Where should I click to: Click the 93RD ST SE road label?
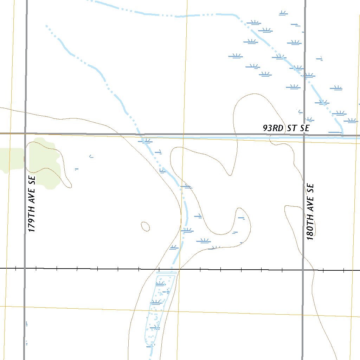286,128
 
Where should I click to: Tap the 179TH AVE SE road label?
32,204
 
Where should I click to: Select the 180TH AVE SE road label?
310,212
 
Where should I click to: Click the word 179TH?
32,221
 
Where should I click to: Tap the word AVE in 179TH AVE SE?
32,197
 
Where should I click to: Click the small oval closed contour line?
145,226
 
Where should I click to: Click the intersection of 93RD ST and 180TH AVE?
304,135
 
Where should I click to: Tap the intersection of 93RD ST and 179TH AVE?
25,134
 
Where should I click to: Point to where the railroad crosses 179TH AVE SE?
25,269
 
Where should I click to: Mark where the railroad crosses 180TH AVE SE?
303,270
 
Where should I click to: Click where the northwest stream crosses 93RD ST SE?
140,134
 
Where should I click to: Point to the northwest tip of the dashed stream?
46,25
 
